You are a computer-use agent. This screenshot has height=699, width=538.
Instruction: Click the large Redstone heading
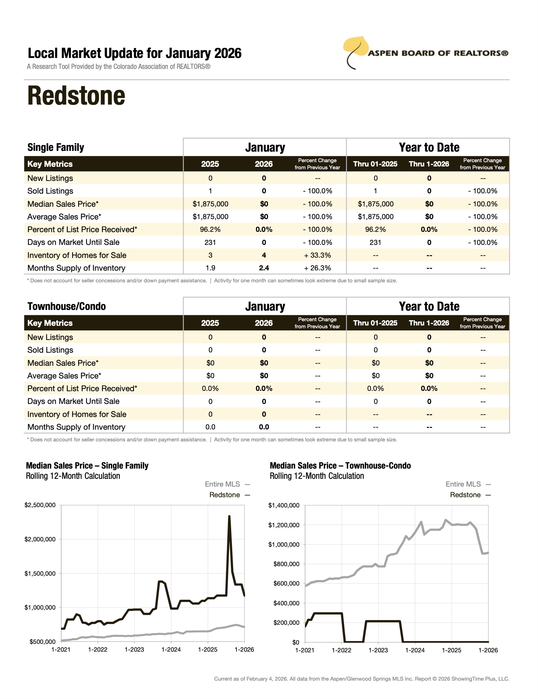[x=76, y=96]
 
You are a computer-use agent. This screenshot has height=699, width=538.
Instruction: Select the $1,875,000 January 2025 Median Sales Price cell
[x=210, y=204]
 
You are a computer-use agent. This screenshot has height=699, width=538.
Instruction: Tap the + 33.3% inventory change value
[x=317, y=255]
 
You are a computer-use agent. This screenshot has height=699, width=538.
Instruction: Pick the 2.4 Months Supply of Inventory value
[x=264, y=268]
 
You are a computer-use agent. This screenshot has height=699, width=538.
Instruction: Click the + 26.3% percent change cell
[x=317, y=268]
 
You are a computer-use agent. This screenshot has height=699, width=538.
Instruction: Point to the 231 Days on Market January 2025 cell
[x=210, y=242]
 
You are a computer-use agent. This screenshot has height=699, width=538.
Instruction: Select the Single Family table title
[x=56, y=147]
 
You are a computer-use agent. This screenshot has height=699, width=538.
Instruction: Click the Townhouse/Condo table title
[x=66, y=306]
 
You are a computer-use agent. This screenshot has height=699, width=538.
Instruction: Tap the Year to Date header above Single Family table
[x=429, y=147]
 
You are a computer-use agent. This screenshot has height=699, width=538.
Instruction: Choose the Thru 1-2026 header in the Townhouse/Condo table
[x=429, y=323]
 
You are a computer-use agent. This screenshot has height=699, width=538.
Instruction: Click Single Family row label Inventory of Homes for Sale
[x=77, y=255]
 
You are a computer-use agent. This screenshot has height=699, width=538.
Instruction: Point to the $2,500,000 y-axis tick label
[x=40, y=505]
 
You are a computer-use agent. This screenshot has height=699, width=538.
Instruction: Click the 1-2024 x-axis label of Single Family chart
[x=171, y=650]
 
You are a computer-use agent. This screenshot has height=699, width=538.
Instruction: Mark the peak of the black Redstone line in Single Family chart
[x=229, y=517]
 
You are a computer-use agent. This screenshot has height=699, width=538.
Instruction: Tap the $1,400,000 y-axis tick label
[x=284, y=505]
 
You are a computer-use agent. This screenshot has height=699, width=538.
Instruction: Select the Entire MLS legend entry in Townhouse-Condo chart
[x=463, y=484]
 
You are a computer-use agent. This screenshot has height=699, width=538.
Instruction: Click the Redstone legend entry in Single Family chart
[x=224, y=495]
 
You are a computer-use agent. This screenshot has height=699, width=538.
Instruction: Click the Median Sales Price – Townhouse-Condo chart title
[x=340, y=466]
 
